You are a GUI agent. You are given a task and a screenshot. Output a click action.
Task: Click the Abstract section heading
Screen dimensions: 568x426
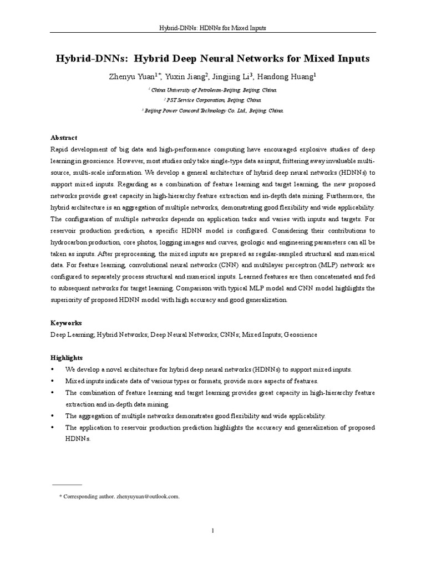click(x=64, y=138)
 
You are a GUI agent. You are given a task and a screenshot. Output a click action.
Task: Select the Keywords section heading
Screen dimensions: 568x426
click(x=67, y=322)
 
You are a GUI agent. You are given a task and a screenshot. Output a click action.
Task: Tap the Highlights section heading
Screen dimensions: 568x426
click(x=67, y=358)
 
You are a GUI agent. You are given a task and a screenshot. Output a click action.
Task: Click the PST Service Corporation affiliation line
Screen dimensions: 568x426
click(x=214, y=100)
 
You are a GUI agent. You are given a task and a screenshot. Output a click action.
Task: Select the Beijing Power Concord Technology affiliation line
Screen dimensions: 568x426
click(x=214, y=110)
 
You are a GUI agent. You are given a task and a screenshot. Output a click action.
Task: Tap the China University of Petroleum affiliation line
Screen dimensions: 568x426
click(x=214, y=89)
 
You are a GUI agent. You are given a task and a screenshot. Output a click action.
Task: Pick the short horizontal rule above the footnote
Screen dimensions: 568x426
click(x=67, y=484)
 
